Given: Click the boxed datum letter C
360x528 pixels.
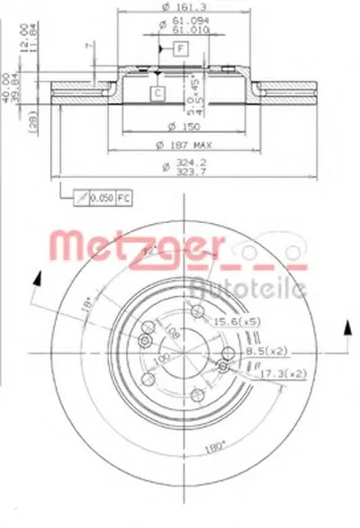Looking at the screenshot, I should (157, 93).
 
